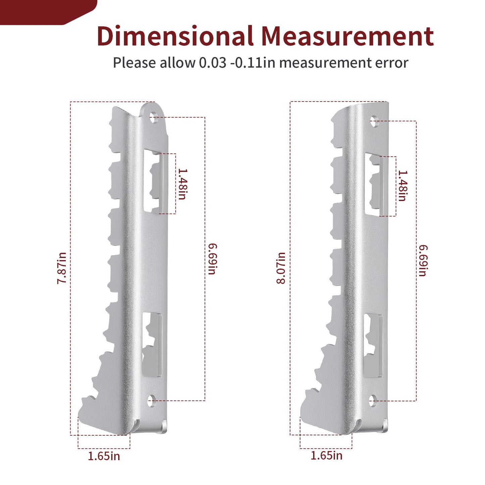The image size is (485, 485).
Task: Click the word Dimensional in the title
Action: (x=175, y=36)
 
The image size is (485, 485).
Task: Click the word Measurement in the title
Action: (x=347, y=36)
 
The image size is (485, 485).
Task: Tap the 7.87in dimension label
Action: (x=62, y=268)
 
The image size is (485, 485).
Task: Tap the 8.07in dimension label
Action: (x=281, y=268)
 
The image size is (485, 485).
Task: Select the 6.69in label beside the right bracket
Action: (x=423, y=260)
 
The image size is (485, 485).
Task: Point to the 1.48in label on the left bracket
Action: (x=183, y=184)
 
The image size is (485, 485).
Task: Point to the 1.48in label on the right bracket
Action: (x=403, y=186)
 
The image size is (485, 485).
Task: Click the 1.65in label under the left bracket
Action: (x=104, y=456)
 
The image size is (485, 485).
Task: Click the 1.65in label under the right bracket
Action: (x=326, y=455)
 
